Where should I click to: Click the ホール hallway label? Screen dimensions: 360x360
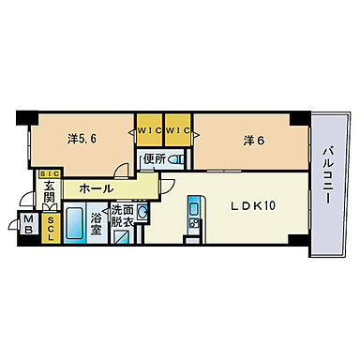tap(97, 187)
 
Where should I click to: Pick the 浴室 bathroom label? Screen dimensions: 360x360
tap(98, 225)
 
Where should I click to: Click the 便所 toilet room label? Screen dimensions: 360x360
tap(155, 159)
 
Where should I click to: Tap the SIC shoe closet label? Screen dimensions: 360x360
tap(49, 173)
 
